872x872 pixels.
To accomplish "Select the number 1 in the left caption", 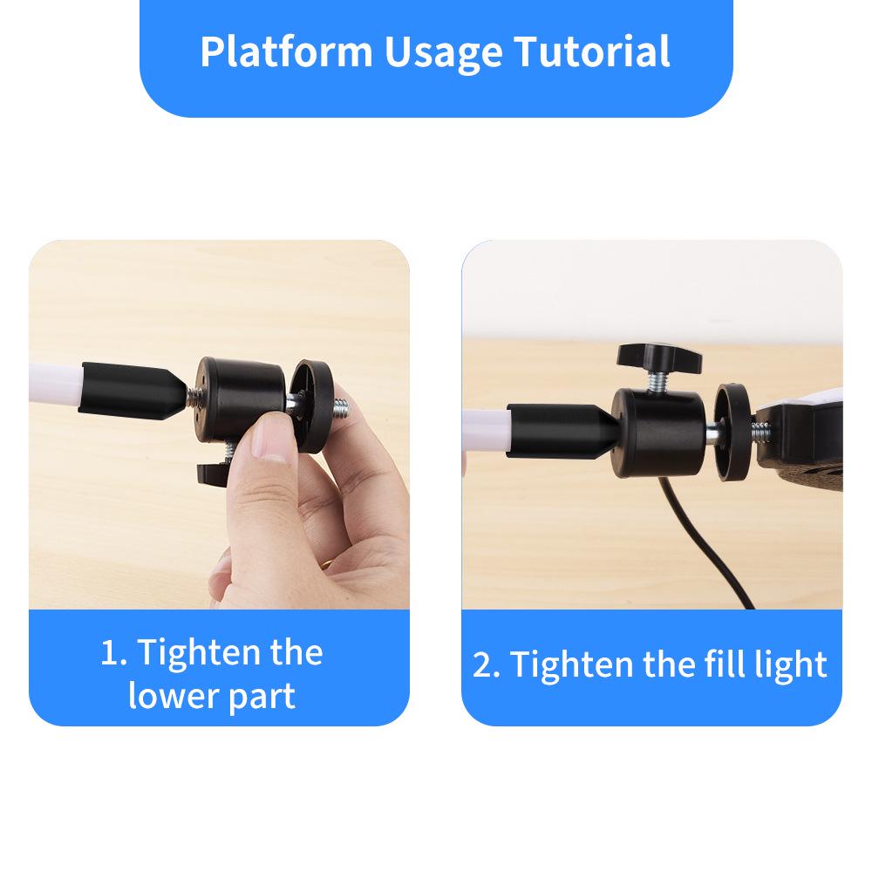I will (109, 653).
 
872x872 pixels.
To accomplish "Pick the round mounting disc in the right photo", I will (732, 427).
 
